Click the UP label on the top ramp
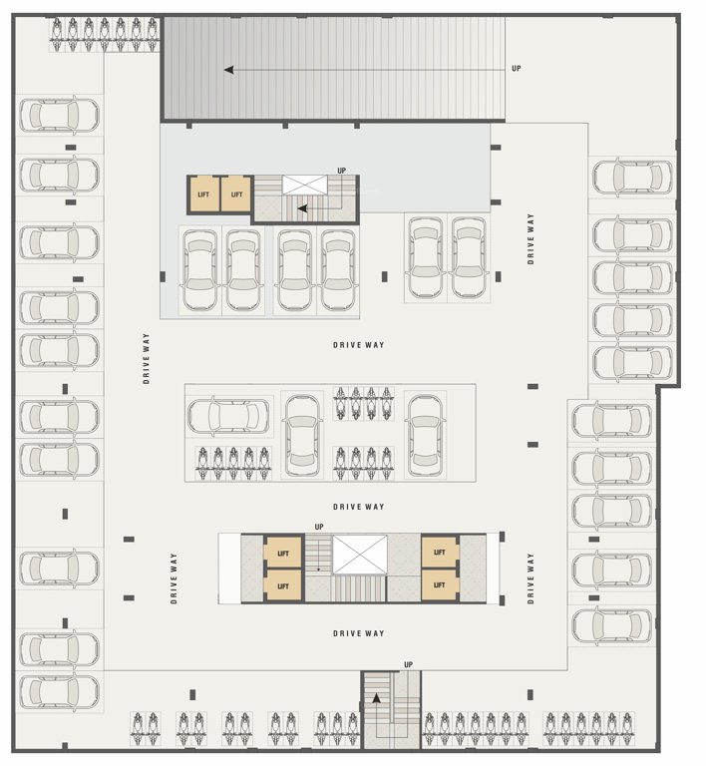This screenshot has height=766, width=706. pyautogui.click(x=516, y=68)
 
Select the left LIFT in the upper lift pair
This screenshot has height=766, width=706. pyautogui.click(x=204, y=194)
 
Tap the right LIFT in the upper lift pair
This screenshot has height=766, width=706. pyautogui.click(x=236, y=194)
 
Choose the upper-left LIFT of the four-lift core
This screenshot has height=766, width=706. pyautogui.click(x=283, y=553)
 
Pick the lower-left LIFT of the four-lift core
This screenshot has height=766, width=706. pyautogui.click(x=283, y=585)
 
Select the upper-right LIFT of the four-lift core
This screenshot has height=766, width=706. pyautogui.click(x=439, y=553)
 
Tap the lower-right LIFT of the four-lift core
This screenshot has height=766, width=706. pyautogui.click(x=439, y=585)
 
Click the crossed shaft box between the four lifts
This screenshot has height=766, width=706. pyautogui.click(x=359, y=555)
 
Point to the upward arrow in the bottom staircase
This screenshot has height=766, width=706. pyautogui.click(x=376, y=699)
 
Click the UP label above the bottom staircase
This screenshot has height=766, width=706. pyautogui.click(x=408, y=664)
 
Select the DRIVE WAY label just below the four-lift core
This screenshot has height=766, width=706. pyautogui.click(x=358, y=633)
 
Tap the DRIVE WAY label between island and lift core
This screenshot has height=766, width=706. pyautogui.click(x=358, y=507)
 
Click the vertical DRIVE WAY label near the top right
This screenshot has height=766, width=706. pyautogui.click(x=531, y=238)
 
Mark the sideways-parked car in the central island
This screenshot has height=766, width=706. pyautogui.click(x=227, y=414)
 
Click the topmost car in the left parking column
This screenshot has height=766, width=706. pyautogui.click(x=59, y=115)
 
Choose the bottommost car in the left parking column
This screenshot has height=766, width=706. pyautogui.click(x=59, y=691)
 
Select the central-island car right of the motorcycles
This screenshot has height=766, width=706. pyautogui.click(x=426, y=432)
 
